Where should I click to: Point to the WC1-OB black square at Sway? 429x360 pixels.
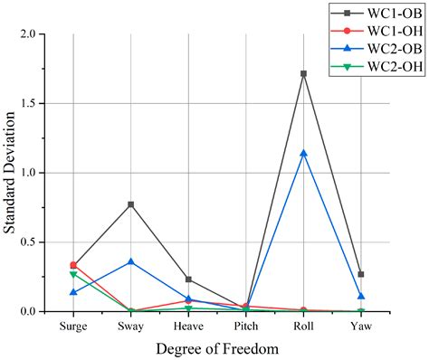131,204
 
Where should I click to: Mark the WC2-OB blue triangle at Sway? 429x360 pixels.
131,261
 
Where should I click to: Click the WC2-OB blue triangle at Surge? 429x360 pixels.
73,292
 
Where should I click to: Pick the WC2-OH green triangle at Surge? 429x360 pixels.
73,274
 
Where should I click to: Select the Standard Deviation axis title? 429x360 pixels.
10,172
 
